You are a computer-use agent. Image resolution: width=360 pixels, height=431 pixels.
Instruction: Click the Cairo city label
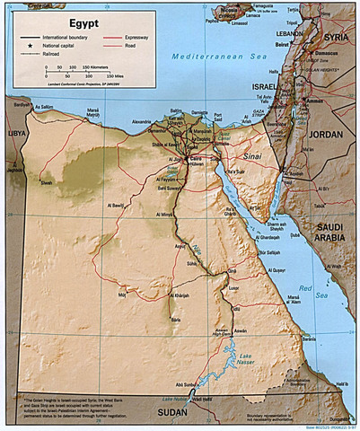pyautogui.click(x=190, y=154)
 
